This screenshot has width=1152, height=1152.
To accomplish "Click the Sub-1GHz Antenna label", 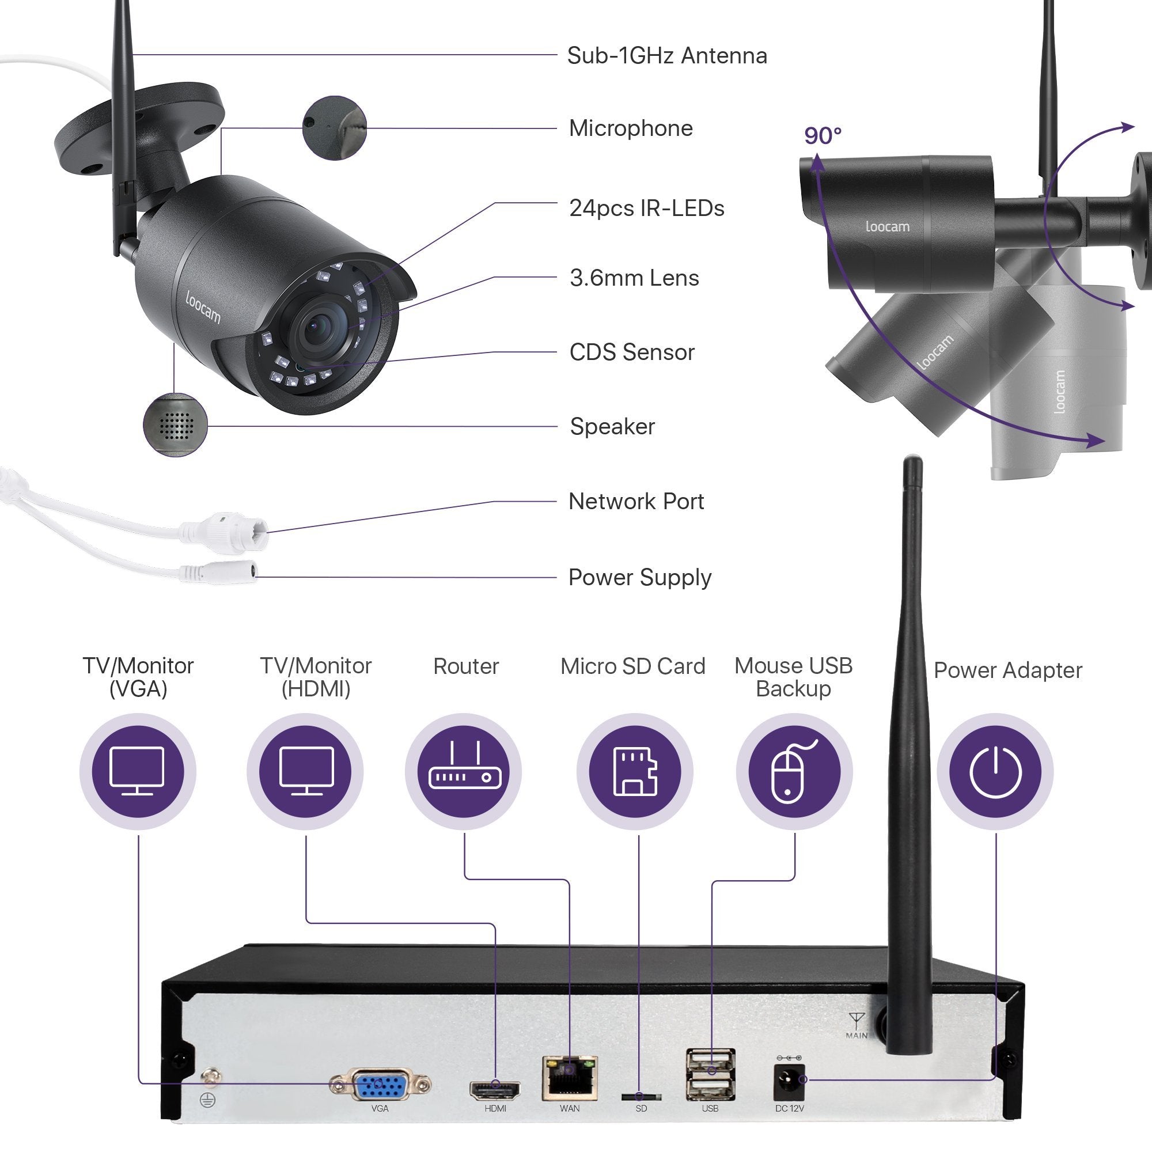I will (x=666, y=55).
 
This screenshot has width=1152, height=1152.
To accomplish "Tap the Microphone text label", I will (x=631, y=128).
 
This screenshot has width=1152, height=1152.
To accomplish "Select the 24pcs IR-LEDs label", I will (x=646, y=208).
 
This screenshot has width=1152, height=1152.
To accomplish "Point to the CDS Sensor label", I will (x=631, y=352).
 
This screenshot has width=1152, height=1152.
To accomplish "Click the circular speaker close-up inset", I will (x=175, y=425).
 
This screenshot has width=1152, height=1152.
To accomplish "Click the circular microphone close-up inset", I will (x=334, y=128).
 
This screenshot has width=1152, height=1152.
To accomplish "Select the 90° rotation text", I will (x=823, y=136).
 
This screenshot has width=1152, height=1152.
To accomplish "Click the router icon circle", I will (x=463, y=772).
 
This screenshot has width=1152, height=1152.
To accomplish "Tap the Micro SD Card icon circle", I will (x=634, y=772).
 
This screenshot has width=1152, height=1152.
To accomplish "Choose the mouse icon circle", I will (x=794, y=772).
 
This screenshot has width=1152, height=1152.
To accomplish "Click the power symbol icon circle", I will (x=995, y=772).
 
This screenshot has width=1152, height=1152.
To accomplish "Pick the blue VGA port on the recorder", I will (x=380, y=1085).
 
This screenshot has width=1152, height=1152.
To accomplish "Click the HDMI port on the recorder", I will (x=495, y=1089).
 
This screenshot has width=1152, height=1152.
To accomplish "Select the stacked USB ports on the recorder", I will (x=710, y=1074).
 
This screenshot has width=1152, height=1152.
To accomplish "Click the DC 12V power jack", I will (x=789, y=1082).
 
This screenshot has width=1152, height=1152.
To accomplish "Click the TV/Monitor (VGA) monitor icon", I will (x=137, y=772).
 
